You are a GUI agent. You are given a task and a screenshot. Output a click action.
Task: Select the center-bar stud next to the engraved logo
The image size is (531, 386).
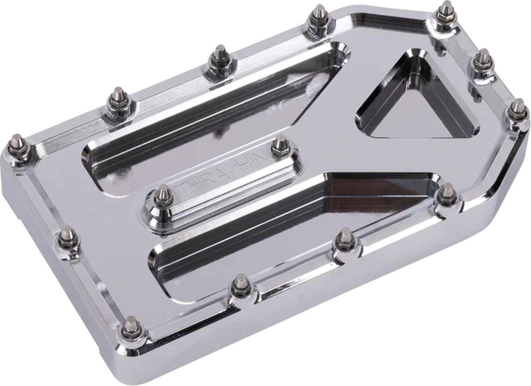(x=280, y=145)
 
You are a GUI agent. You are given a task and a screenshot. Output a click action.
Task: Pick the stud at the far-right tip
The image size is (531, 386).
(x=518, y=108)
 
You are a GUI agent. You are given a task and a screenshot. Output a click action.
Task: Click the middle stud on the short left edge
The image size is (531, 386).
(x=67, y=237)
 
